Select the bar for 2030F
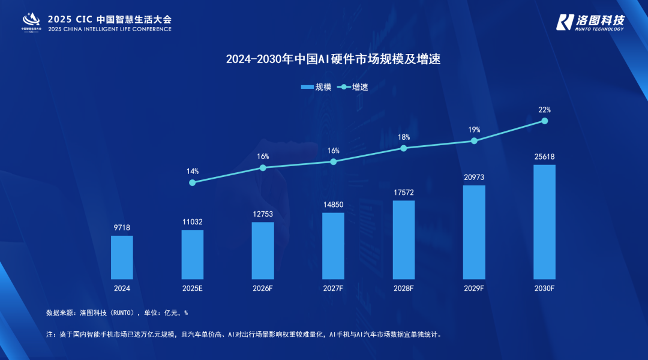pyautogui.click(x=544, y=221)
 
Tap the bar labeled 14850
pyautogui.click(x=333, y=245)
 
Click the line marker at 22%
pyautogui.click(x=545, y=121)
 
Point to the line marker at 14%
pyautogui.click(x=192, y=182)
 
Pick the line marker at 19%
pyautogui.click(x=474, y=140)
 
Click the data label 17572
pyautogui.click(x=404, y=193)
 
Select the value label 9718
pyautogui.click(x=122, y=228)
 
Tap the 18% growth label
pyautogui.click(x=404, y=137)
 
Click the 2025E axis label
pyautogui.click(x=192, y=288)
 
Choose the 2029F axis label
pyautogui.click(x=474, y=288)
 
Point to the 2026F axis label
pyautogui.click(x=263, y=288)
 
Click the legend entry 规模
pyautogui.click(x=316, y=87)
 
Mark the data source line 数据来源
pyautogui.click(x=117, y=313)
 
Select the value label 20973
pyautogui.click(x=474, y=178)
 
